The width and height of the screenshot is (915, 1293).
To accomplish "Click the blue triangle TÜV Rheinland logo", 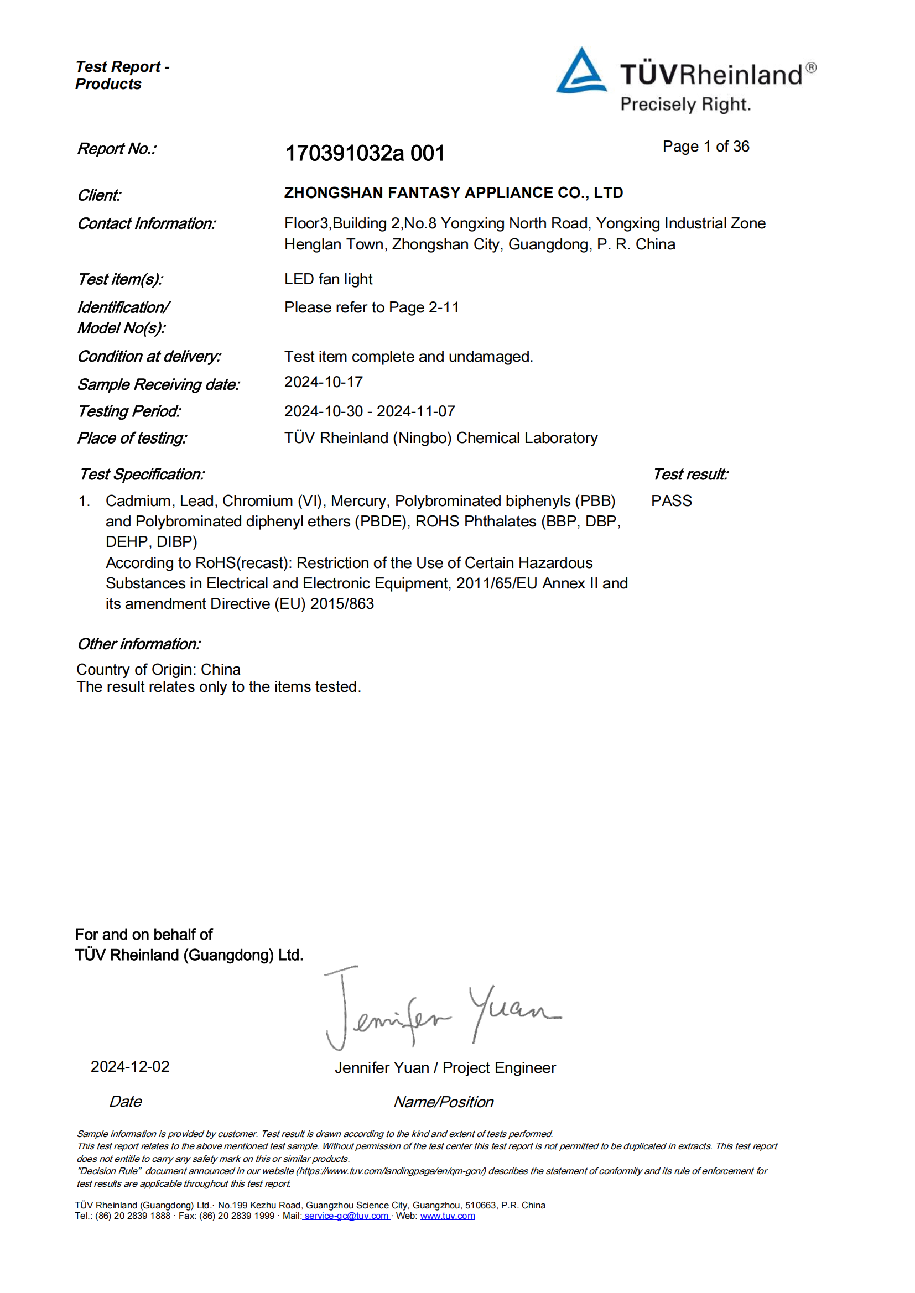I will tap(581, 71).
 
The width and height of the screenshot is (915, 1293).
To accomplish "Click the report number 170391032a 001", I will tap(365, 153).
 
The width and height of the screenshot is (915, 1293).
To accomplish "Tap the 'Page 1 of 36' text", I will tap(705, 147).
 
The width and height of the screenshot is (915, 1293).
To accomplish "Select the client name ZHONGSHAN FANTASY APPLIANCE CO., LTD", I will tap(453, 192).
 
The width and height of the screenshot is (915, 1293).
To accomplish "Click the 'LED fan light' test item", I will tap(328, 279).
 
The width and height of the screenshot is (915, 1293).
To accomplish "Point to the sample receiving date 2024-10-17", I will tap(324, 382).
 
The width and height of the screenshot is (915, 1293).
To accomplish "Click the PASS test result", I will tap(671, 500).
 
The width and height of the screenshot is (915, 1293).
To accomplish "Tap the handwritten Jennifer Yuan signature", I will tap(443, 1011).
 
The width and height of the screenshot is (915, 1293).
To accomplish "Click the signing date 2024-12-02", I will tap(130, 1067).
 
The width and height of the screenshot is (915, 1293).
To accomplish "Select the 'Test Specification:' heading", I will tap(142, 474).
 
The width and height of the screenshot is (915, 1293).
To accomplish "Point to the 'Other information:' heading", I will tap(139, 644).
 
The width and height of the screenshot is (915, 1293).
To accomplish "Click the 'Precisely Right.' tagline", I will tap(685, 105).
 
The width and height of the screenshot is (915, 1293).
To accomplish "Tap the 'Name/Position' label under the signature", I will tap(444, 1102).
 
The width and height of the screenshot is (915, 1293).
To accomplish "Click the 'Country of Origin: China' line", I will tap(158, 669).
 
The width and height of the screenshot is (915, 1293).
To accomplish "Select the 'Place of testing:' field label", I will tap(132, 438).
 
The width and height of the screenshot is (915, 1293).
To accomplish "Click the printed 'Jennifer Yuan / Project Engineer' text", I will tap(445, 1068).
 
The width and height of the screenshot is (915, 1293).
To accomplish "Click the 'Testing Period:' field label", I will tap(129, 411).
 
